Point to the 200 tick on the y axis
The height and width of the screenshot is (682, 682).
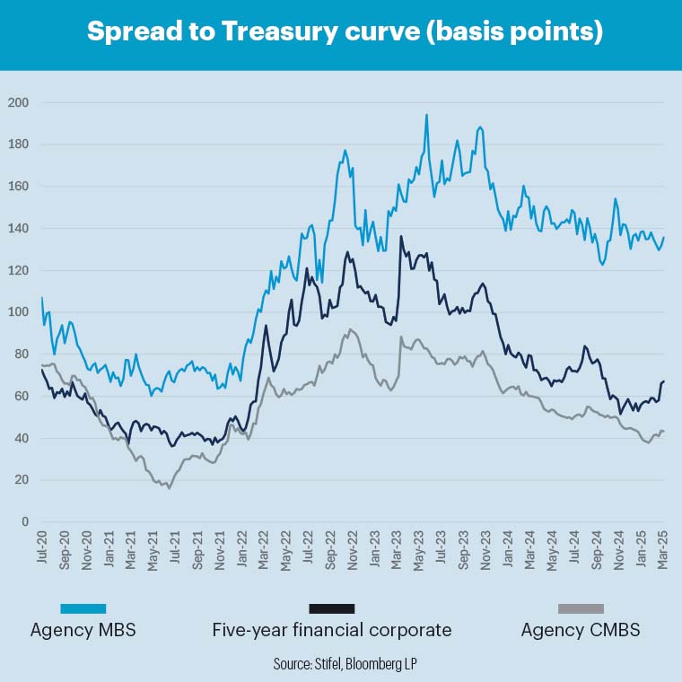[18, 102]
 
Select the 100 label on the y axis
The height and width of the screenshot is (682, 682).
[18, 312]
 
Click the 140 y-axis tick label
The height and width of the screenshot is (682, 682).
[18, 229]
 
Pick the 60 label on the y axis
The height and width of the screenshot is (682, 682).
[21, 397]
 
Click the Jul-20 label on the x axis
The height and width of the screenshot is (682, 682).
[42, 546]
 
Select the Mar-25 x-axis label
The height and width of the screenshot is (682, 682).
[663, 546]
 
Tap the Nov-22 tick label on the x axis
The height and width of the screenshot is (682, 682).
[353, 546]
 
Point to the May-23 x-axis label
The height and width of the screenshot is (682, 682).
[419, 546]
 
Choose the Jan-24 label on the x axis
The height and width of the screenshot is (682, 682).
[508, 546]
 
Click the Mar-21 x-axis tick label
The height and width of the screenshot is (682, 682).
[131, 546]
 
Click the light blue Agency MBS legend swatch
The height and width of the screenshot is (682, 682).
[83, 608]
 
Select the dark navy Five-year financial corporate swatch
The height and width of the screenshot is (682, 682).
[332, 608]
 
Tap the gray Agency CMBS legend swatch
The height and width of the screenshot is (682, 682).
[581, 608]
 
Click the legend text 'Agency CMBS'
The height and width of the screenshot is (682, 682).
[581, 630]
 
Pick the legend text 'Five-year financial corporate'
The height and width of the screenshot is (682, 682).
[332, 630]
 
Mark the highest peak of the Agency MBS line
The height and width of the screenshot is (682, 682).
[426, 115]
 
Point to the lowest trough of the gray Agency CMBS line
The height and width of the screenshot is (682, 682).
[169, 487]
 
